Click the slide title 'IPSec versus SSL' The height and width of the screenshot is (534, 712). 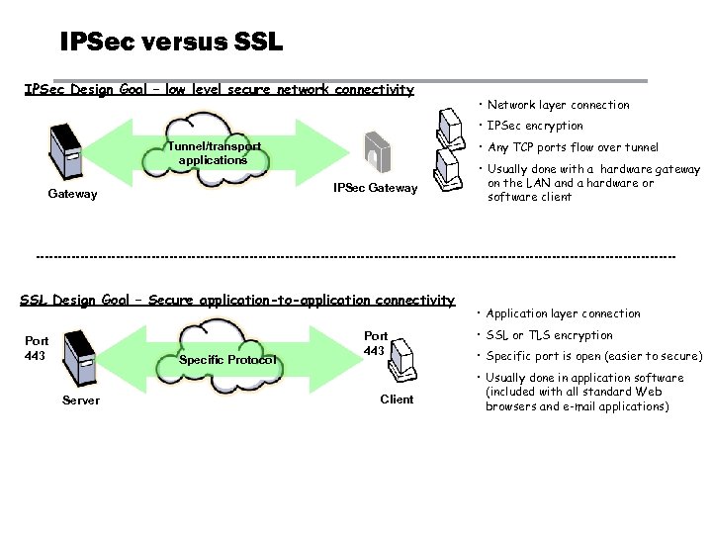click(171, 43)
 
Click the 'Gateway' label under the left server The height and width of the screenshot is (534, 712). click(73, 194)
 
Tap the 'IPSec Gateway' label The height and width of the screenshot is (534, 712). click(376, 188)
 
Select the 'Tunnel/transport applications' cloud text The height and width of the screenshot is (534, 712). click(214, 153)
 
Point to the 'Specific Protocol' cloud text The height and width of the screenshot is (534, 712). click(227, 360)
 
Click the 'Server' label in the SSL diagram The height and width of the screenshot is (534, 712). click(80, 400)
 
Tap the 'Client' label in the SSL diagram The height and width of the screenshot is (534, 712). click(397, 400)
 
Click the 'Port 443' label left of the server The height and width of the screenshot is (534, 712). click(37, 348)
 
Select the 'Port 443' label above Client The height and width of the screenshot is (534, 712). click(376, 343)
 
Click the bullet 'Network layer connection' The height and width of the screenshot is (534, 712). click(558, 105)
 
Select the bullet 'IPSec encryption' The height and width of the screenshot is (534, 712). click(535, 126)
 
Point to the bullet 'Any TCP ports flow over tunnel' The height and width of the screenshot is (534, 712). click(573, 147)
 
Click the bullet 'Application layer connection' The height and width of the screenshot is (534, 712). click(563, 313)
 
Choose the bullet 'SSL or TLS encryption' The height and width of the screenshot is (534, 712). click(549, 335)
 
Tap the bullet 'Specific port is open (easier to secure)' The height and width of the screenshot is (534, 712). click(593, 356)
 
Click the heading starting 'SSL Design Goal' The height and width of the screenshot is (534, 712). click(237, 300)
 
